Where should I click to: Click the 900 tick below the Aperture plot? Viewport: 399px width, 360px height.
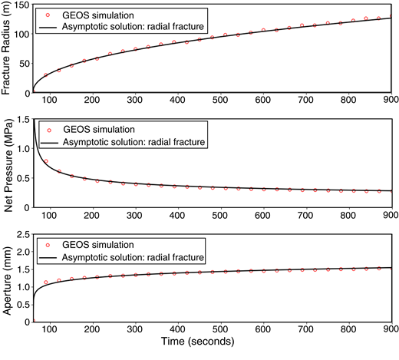(388, 330)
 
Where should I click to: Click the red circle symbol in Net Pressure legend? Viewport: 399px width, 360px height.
(48, 130)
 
